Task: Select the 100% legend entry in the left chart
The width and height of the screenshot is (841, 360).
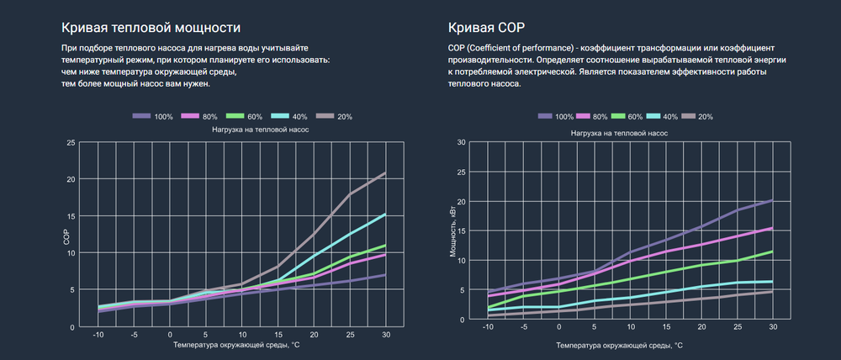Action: click(x=153, y=117)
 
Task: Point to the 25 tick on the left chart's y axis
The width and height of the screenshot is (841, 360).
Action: click(x=71, y=143)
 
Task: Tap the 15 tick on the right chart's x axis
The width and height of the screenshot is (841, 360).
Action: click(x=666, y=326)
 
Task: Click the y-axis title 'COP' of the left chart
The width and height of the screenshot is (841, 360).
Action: click(x=66, y=236)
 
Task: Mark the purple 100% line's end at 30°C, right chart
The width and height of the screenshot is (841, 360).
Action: click(x=772, y=200)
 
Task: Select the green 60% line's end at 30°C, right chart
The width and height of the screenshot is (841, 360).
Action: click(x=772, y=251)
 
